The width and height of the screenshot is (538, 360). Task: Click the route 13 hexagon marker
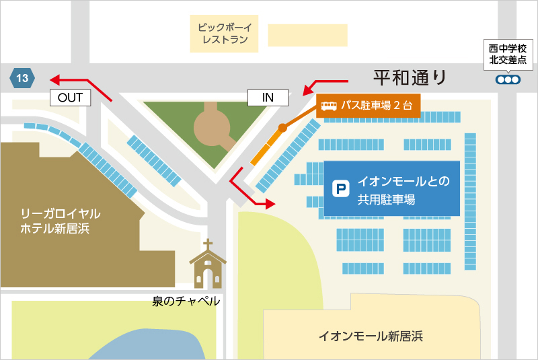[x=22, y=78]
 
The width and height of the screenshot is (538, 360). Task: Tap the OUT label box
[x=70, y=98]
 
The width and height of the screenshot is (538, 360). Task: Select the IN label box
[x=268, y=98]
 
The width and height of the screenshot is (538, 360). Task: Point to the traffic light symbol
[x=508, y=79]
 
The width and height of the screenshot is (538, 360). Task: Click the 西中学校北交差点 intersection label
[x=508, y=55]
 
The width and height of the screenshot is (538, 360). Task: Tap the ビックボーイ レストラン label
[x=225, y=34]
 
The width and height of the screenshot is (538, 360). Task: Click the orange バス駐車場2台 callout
[x=369, y=106]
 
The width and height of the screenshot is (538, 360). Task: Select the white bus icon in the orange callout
[x=329, y=106]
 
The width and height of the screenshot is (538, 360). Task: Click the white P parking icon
[x=342, y=189]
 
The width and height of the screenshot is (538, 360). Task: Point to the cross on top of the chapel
[x=208, y=244]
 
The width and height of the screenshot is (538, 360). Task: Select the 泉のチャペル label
[x=186, y=301]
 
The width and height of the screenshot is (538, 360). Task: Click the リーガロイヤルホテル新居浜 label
[x=61, y=221]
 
